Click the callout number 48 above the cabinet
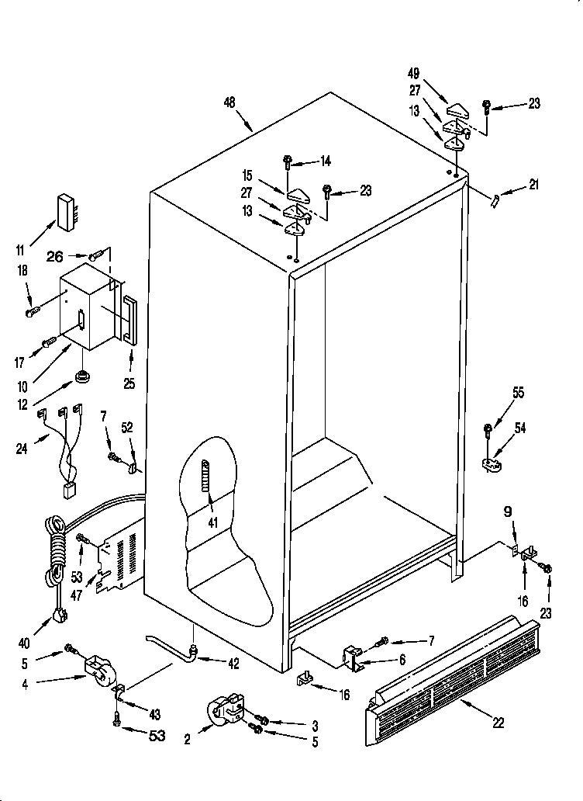click(x=229, y=102)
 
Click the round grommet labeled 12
click(x=80, y=378)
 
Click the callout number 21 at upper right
click(x=533, y=185)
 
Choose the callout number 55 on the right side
click(x=517, y=393)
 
